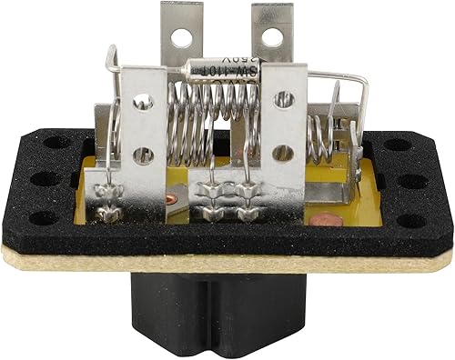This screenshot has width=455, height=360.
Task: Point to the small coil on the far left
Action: pos(114,127)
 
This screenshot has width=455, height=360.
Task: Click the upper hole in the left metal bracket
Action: pos(143,104)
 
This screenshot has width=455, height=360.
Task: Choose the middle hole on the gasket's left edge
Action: pos(40,178)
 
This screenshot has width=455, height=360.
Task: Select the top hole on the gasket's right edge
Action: pos(394,144)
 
